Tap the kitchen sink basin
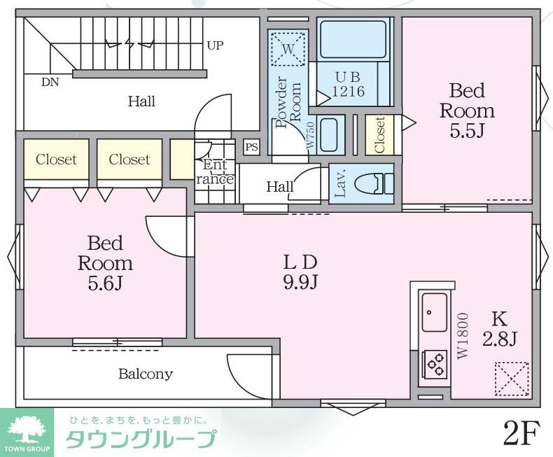coord(434,313)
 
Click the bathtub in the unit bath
coord(353,39)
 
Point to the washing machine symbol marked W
coord(288,48)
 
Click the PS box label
coord(251,147)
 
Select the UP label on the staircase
coord(215,45)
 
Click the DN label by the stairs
coord(50,82)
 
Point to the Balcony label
coord(145,374)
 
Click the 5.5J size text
coord(467,132)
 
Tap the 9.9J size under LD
coord(300,282)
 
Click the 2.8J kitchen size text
coord(499,339)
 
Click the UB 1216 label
coord(347,85)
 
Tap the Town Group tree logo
coord(25,429)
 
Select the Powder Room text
coord(288,102)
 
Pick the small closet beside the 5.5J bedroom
coord(379,134)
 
